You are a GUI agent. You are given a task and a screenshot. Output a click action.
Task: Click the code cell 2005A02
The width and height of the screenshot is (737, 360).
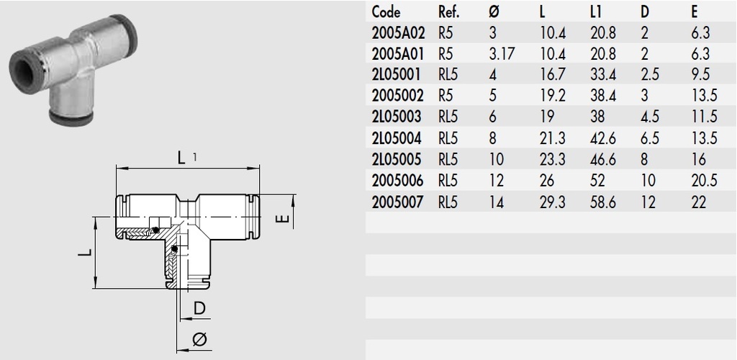[398, 33]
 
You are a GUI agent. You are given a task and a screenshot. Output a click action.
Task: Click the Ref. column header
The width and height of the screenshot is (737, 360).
[450, 12]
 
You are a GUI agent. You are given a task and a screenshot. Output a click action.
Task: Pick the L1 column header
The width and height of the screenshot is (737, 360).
[595, 12]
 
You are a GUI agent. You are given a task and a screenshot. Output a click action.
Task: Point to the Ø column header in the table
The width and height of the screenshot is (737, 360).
[493, 12]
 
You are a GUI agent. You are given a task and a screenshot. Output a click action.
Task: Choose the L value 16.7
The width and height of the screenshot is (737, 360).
[552, 75]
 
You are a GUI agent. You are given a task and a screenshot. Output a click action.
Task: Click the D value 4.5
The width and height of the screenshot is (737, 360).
[649, 117]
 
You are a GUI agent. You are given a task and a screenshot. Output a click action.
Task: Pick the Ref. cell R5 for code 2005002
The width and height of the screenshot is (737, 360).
[446, 96]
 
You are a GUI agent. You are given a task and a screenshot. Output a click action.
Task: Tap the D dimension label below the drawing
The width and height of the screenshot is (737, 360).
[200, 309]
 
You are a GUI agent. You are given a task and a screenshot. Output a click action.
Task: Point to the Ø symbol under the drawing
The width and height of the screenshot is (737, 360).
[201, 338]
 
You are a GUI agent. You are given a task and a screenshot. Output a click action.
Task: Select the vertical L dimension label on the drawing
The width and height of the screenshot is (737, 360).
[85, 253]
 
